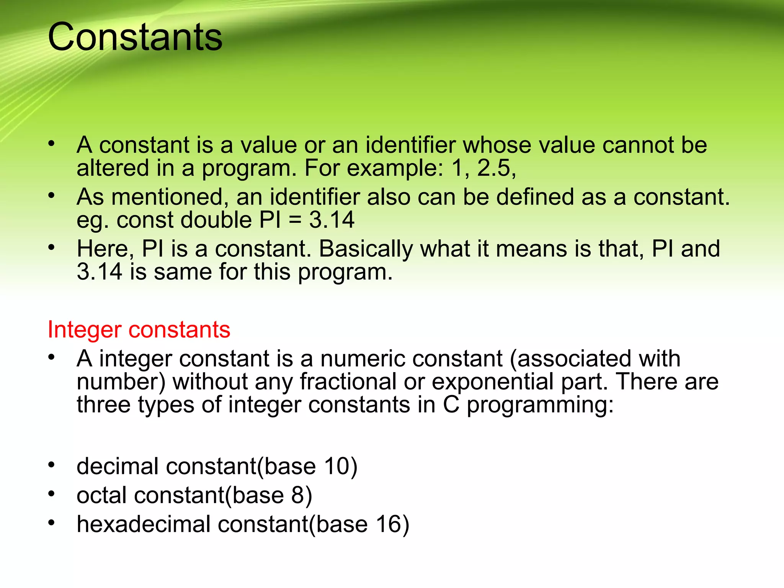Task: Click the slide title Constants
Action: (135, 37)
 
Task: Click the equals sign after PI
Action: (295, 221)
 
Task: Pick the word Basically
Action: (366, 249)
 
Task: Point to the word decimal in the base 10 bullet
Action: (118, 466)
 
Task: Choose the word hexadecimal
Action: (144, 524)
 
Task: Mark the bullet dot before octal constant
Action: (52, 494)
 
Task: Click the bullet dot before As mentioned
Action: (52, 196)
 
